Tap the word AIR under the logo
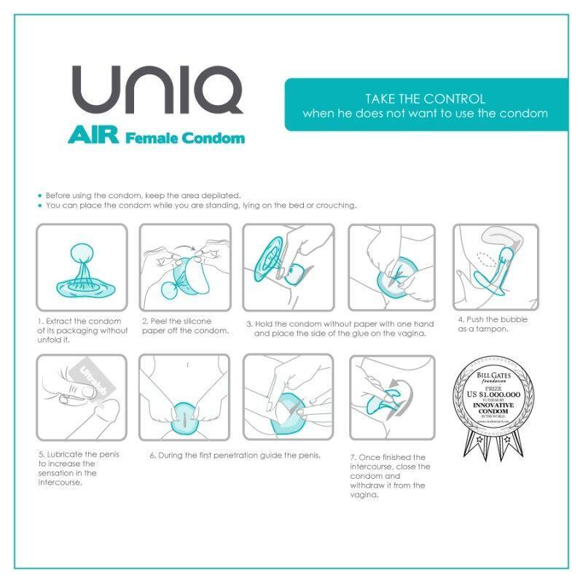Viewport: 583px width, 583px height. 94,136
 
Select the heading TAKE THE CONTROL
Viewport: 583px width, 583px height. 425,98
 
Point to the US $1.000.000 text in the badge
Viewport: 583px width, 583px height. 494,394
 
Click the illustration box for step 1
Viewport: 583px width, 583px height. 82,267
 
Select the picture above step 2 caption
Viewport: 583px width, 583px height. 185,267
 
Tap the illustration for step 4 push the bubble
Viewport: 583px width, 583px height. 496,267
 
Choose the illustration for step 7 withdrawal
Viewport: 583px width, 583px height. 392,397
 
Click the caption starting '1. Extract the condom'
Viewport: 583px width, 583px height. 82,330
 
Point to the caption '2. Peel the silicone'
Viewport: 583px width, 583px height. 185,325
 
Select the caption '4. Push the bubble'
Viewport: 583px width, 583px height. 493,324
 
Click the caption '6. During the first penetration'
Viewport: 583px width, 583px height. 235,455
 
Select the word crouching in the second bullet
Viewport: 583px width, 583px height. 334,206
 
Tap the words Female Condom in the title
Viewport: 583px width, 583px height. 185,137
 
